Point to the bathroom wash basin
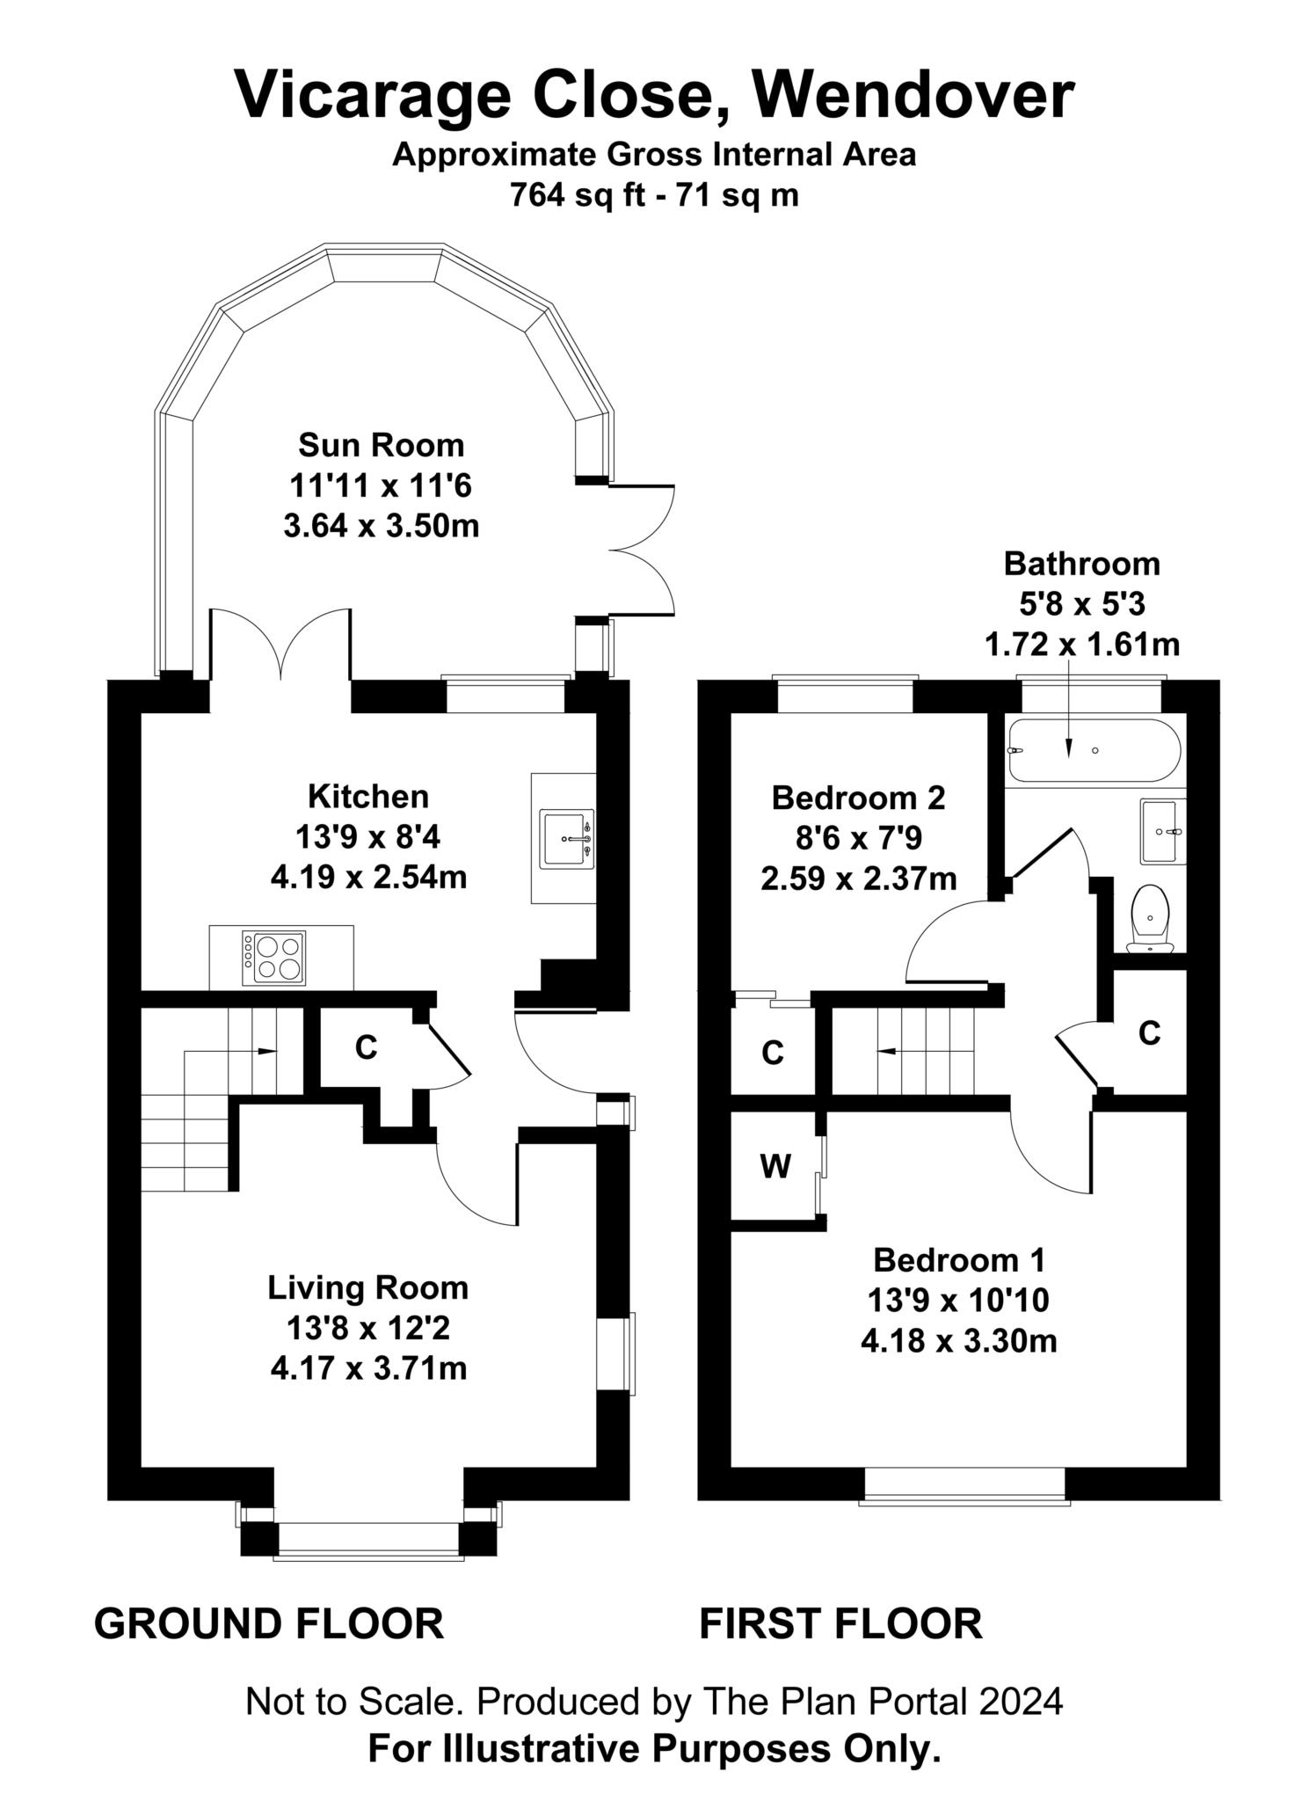(1163, 830)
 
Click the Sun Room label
(381, 445)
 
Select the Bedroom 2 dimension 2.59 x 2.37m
(858, 879)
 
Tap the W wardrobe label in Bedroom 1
(774, 1166)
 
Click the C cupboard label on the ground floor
(366, 1047)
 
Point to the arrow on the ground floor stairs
(264, 1050)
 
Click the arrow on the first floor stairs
(890, 1050)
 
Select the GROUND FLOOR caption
(268, 1622)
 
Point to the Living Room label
(367, 1287)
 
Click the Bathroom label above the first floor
(1081, 563)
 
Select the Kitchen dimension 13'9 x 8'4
(367, 837)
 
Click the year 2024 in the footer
(1021, 1702)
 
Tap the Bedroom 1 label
(958, 1260)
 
